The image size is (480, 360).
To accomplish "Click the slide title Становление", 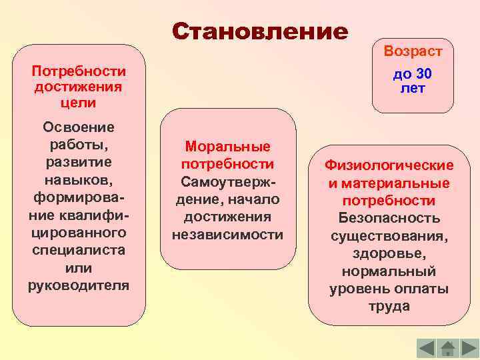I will pyautogui.click(x=260, y=31).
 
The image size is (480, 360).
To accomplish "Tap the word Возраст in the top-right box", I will pyautogui.click(x=412, y=51).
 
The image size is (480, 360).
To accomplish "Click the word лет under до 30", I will pyautogui.click(x=413, y=88).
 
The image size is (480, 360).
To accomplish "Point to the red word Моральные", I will pyautogui.click(x=227, y=147).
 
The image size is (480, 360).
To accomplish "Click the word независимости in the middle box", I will pyautogui.click(x=227, y=235).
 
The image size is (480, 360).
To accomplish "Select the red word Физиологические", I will pyautogui.click(x=389, y=165).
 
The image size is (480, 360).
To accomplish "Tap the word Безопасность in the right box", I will pyautogui.click(x=389, y=218).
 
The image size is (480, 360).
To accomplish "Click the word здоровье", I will pyautogui.click(x=389, y=254).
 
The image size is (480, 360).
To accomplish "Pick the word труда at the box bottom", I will pyautogui.click(x=389, y=307).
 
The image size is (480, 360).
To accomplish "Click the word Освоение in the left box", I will pyautogui.click(x=79, y=127).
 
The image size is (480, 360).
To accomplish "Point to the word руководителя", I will pyautogui.click(x=79, y=285).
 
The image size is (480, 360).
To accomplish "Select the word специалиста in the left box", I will pyautogui.click(x=79, y=249).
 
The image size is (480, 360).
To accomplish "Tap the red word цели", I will pyautogui.click(x=79, y=103).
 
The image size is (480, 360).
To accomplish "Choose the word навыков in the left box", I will pyautogui.click(x=77, y=180).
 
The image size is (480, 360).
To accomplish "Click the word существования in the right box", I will pyautogui.click(x=389, y=236).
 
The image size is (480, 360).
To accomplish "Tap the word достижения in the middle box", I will pyautogui.click(x=227, y=217).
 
